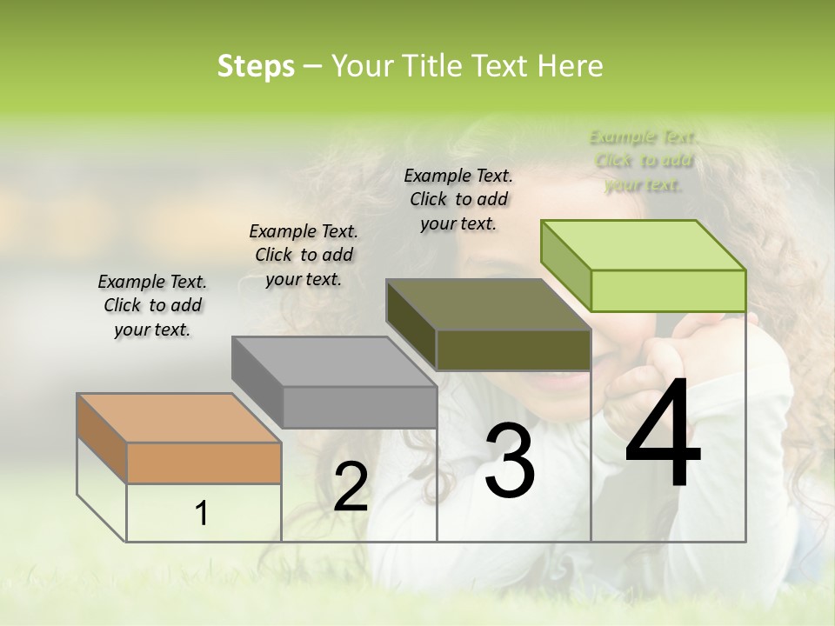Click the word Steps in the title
256,66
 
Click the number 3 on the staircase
510,461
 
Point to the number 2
351,487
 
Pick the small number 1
202,514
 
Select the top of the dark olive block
488,304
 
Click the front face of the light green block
668,290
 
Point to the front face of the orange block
204,463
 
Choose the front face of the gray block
359,407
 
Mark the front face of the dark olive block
513,350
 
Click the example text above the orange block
152,305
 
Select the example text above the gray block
304,255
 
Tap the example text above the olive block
458,199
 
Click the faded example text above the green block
644,161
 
